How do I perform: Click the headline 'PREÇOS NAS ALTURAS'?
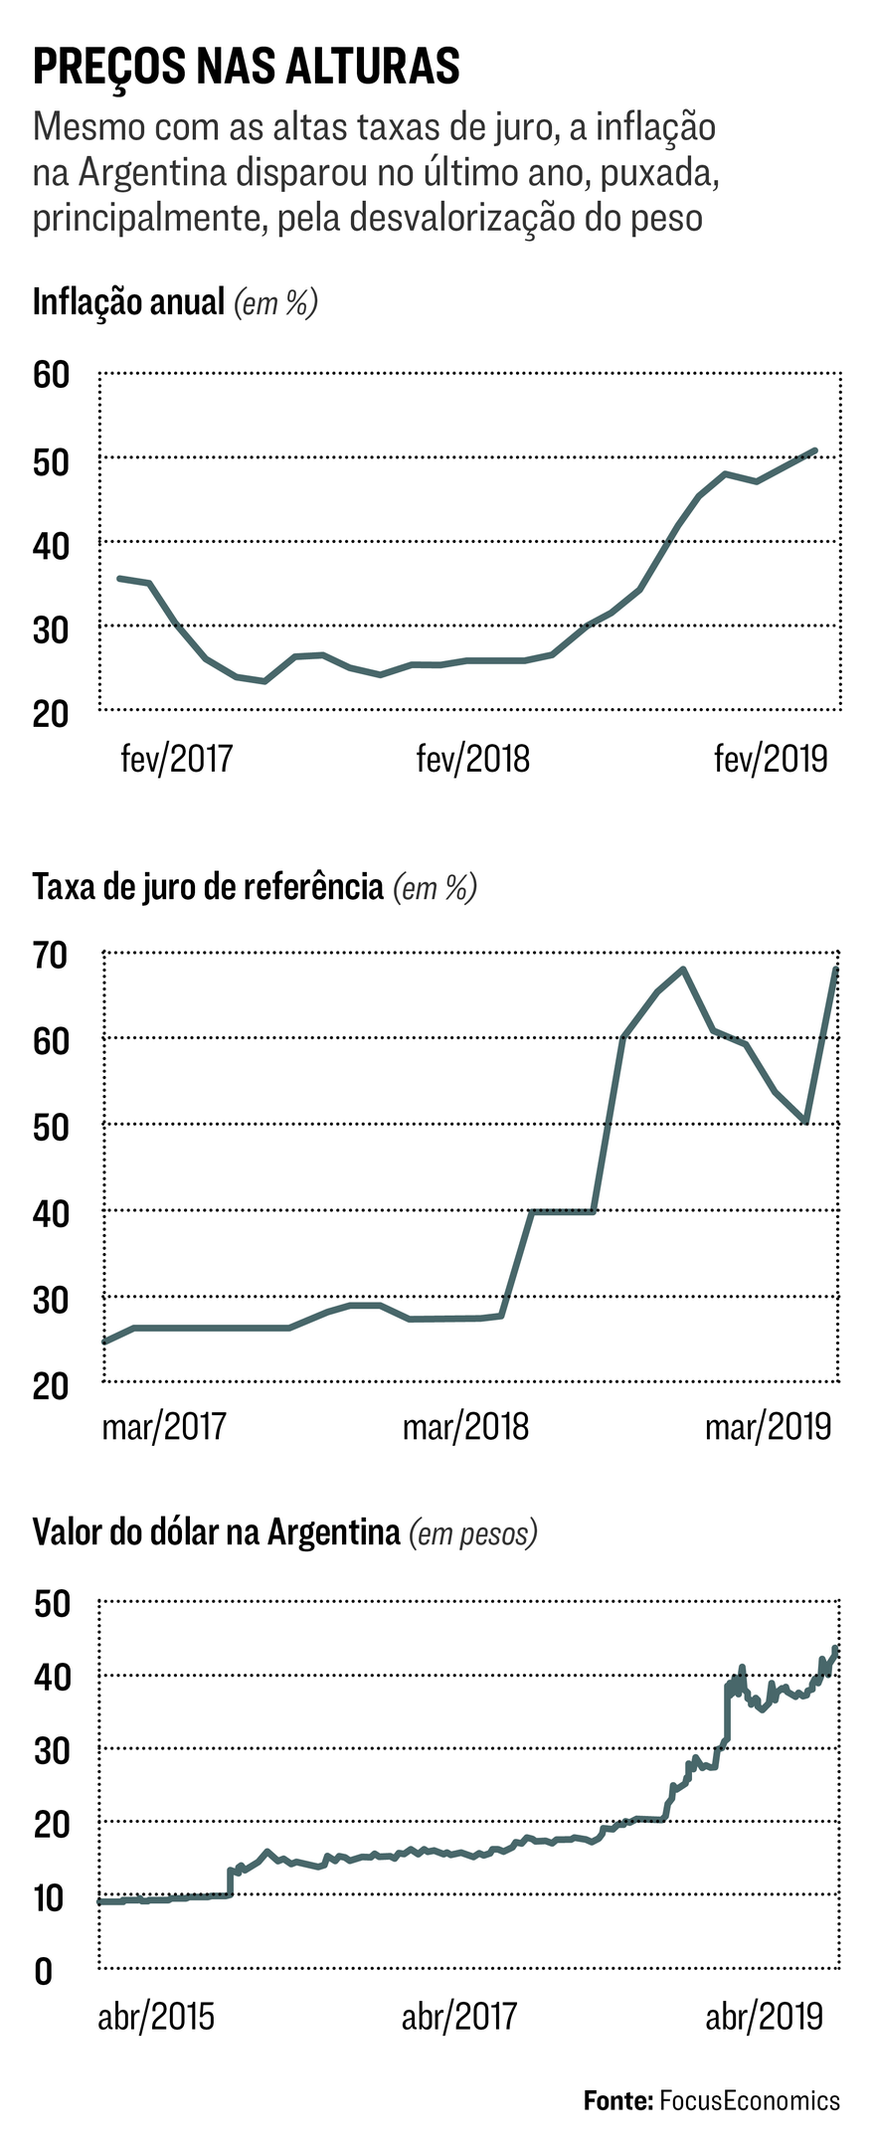pos(247,67)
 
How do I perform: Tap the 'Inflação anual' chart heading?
pos(129,301)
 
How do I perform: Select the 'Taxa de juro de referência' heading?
pos(208,885)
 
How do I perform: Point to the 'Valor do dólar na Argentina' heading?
pos(216,1531)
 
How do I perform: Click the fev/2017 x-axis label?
pos(176,759)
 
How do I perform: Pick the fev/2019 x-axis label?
pos(771,759)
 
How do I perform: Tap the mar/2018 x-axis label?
pos(465,1427)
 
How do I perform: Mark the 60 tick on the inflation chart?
pos(51,375)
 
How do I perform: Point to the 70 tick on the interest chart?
pos(51,955)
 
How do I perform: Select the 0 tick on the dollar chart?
pos(43,1970)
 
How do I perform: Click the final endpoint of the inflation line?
pos(815,450)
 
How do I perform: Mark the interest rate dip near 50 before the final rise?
pos(805,1122)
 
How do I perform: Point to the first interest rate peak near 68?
pos(683,969)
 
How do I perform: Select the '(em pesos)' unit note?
pos(473,1532)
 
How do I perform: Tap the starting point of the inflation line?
pos(119,578)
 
